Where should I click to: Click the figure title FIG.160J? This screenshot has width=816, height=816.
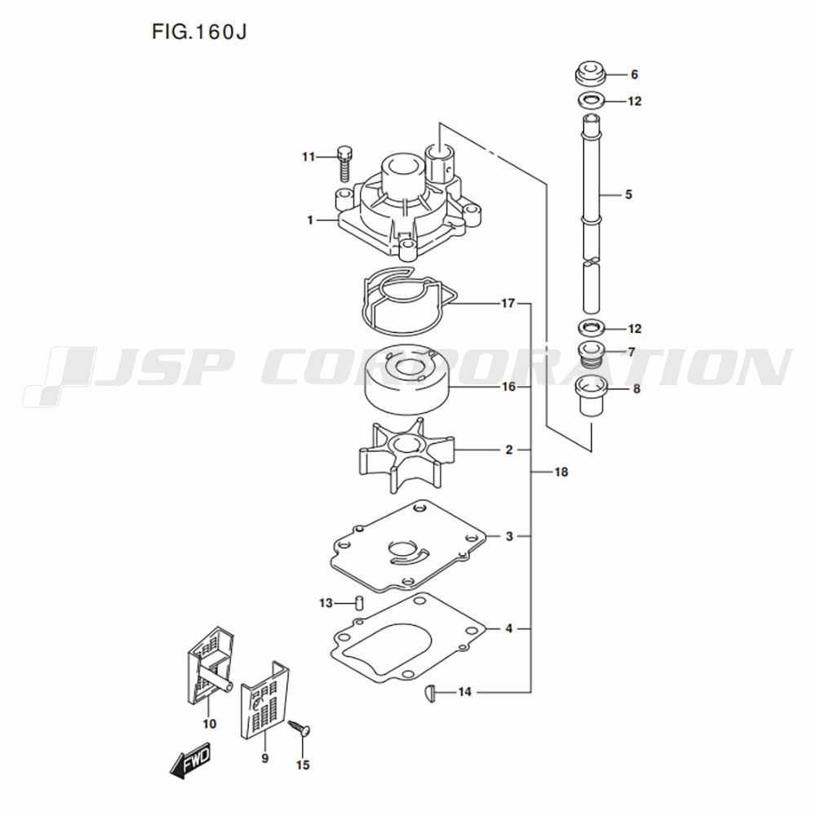point(199,32)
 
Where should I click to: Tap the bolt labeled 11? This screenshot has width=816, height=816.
point(345,163)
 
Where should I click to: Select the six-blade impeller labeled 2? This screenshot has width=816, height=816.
point(406,455)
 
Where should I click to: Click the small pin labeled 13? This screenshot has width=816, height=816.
point(358,603)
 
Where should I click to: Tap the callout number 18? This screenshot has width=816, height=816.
point(561,472)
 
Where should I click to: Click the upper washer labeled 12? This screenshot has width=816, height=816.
point(590,100)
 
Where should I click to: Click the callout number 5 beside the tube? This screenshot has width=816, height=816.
point(628,195)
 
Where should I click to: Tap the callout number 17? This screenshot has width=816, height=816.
point(508,303)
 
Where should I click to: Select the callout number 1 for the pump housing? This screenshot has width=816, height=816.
point(310,220)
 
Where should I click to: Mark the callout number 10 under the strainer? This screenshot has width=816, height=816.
point(209,723)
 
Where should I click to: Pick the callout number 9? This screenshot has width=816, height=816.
point(265,758)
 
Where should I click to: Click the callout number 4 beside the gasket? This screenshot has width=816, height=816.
point(509,628)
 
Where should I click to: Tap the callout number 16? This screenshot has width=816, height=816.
point(508,387)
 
